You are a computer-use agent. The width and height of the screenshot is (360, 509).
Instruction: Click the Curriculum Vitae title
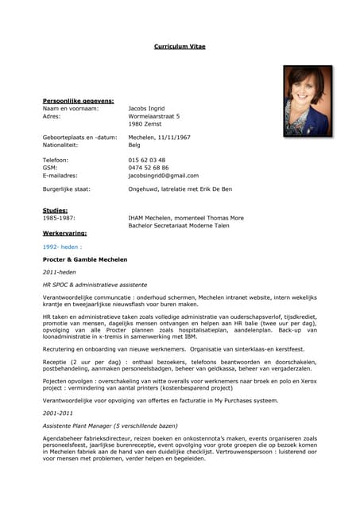[180, 47]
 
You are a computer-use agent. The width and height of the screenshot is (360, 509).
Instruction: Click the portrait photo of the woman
[308, 101]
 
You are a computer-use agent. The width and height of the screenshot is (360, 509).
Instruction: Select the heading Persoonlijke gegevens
[78, 101]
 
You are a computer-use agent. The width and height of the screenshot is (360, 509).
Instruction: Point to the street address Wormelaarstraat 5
[154, 116]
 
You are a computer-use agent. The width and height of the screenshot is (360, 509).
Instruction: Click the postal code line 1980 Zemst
[145, 124]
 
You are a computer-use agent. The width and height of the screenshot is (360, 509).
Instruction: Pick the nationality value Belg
[134, 146]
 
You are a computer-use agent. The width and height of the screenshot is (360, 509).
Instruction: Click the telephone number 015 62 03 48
[147, 160]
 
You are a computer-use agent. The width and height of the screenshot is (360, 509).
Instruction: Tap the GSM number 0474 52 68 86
[149, 168]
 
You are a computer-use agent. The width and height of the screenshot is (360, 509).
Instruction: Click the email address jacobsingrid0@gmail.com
[164, 176]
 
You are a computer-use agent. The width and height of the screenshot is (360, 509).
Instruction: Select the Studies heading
[55, 210]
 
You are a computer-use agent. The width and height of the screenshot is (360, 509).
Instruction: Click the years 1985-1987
[59, 217]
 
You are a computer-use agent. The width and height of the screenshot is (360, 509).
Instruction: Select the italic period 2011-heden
[60, 272]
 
